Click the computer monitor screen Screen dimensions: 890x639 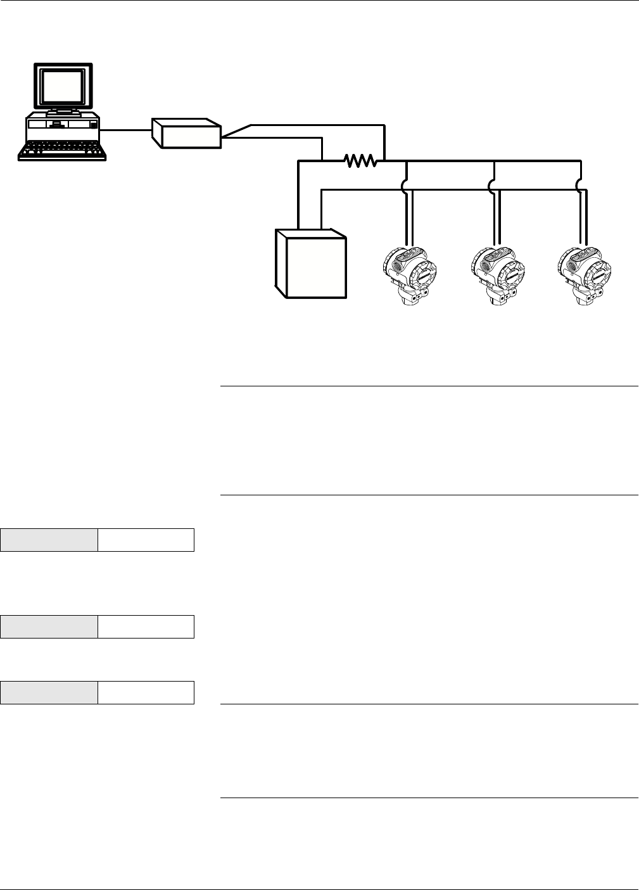[x=63, y=87]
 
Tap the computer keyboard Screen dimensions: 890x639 [x=61, y=151]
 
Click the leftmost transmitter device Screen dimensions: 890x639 [x=411, y=273]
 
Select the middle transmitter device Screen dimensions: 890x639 [x=498, y=273]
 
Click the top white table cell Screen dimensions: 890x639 [x=146, y=540]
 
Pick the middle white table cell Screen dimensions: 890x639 [x=146, y=626]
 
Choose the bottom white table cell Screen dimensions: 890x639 [x=146, y=693]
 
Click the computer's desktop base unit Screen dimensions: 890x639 [x=62, y=127]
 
